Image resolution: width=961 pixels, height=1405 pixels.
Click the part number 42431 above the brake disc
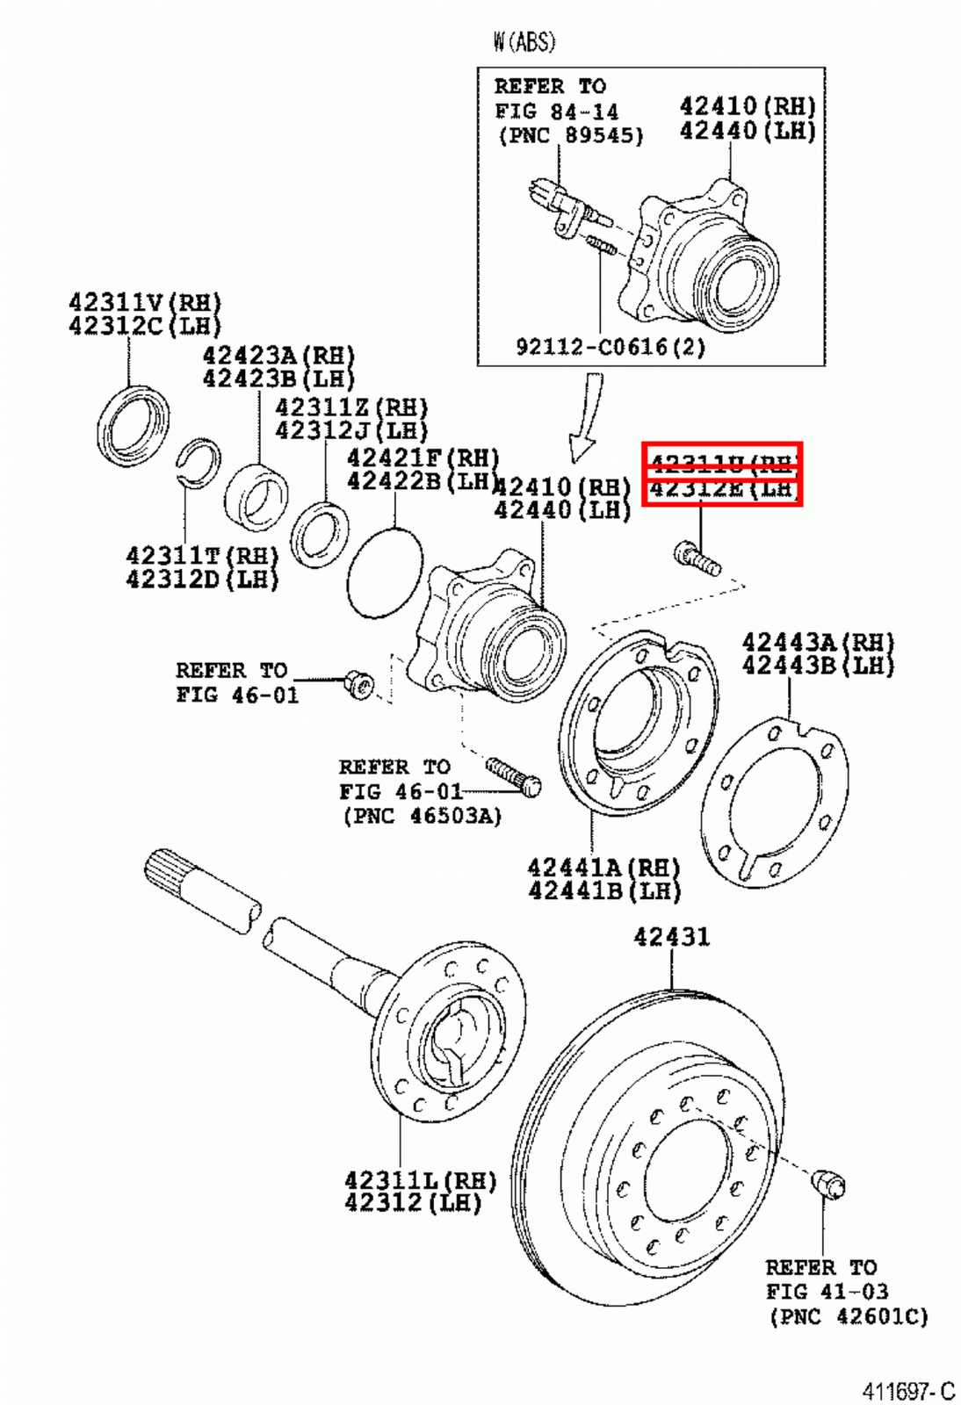point(671,937)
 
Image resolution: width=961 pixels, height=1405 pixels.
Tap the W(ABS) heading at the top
point(524,41)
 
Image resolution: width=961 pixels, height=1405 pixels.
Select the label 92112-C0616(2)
point(611,346)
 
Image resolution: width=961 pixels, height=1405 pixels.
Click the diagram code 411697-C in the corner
point(907,1391)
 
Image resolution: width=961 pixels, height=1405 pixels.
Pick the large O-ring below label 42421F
point(385,573)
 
